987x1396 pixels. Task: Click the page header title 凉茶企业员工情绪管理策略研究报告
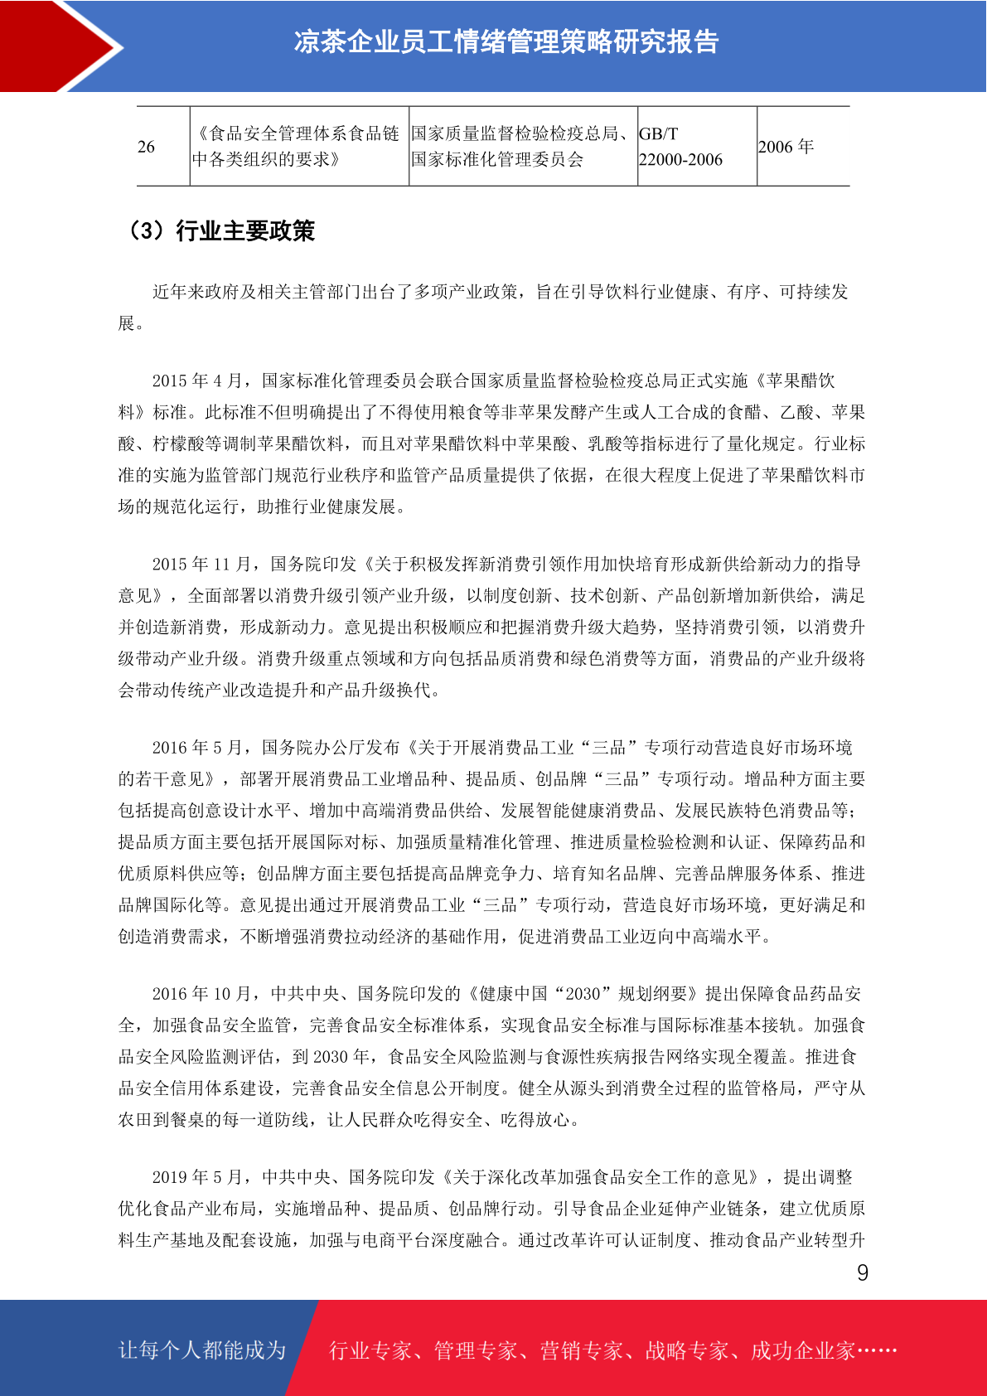point(506,42)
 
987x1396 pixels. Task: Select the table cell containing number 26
point(147,147)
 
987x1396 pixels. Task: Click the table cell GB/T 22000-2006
point(680,147)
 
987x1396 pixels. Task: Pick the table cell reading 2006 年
point(786,147)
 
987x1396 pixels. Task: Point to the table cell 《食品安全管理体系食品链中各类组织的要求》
point(297,147)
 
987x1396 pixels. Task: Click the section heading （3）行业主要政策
point(220,230)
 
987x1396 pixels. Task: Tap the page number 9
point(863,1273)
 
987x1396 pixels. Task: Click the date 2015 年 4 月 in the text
point(197,381)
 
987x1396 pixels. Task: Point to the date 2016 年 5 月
point(197,748)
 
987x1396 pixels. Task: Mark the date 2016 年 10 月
point(201,994)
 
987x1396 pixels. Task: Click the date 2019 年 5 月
point(197,1177)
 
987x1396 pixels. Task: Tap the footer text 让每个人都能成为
point(202,1350)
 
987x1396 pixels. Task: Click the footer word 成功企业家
point(802,1351)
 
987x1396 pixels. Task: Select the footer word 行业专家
point(371,1351)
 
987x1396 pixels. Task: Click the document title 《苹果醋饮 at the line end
point(795,381)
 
